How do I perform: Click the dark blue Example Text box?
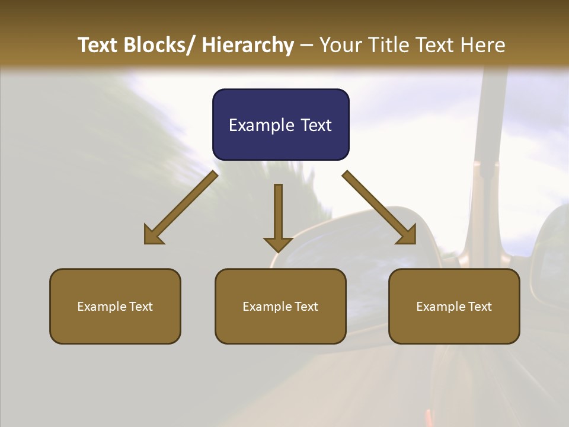tap(280, 125)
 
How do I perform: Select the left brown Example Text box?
tap(115, 306)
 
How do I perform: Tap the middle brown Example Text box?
tap(280, 306)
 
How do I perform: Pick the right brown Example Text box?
tap(454, 306)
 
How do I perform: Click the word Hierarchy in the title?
tap(248, 45)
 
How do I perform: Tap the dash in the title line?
tap(306, 46)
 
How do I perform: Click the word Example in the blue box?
tap(257, 125)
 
